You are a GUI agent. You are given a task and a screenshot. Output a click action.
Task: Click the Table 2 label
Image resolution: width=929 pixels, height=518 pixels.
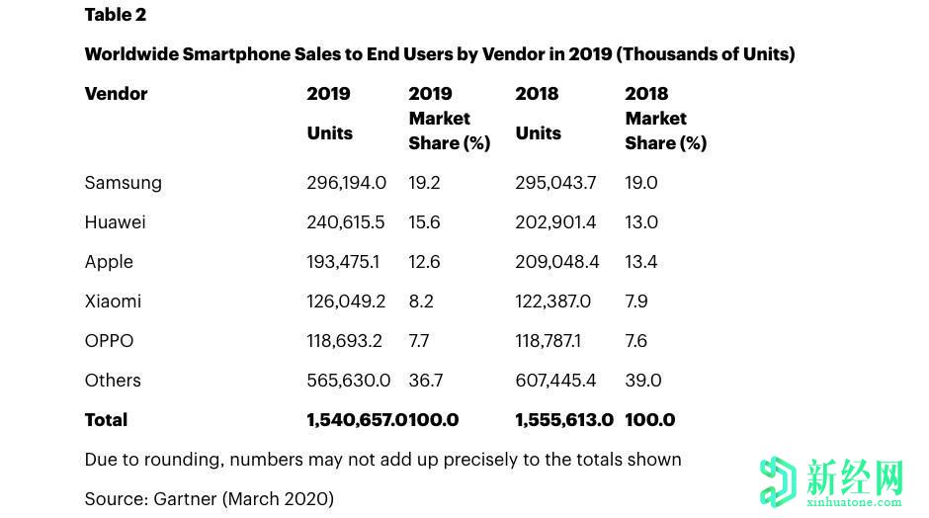click(115, 15)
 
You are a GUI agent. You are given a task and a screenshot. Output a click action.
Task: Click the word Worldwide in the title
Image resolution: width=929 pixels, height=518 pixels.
click(130, 54)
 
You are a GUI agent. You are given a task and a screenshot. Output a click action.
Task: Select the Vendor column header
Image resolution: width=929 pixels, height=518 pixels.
click(116, 94)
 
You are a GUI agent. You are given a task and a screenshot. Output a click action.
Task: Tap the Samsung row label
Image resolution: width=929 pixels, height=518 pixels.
click(123, 183)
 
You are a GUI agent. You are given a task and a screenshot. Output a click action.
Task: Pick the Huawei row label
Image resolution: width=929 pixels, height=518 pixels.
click(115, 222)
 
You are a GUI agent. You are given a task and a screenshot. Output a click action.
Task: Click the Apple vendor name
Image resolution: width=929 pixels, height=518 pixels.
click(109, 262)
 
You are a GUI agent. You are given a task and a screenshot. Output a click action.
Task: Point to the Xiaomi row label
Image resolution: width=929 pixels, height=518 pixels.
click(113, 302)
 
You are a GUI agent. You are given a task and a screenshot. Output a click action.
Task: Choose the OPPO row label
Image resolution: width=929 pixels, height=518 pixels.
click(109, 341)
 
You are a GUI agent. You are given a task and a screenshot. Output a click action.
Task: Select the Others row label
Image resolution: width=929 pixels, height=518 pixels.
click(113, 381)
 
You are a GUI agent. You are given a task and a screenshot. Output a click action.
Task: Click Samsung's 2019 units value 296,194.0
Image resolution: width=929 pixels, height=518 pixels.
click(346, 183)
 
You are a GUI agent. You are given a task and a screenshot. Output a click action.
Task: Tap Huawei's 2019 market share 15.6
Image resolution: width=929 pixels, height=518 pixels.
click(424, 222)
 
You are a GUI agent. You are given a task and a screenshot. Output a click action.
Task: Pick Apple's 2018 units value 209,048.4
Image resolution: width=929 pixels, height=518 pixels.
click(555, 262)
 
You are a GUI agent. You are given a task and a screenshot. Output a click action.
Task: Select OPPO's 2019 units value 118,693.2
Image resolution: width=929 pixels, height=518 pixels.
click(344, 341)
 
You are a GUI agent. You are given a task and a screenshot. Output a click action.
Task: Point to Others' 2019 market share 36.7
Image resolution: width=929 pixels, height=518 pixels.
click(425, 381)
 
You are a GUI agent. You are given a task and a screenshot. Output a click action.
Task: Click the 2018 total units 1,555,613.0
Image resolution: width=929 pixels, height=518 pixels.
click(564, 420)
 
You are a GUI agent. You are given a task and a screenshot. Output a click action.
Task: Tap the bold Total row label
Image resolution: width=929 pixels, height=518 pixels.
click(106, 420)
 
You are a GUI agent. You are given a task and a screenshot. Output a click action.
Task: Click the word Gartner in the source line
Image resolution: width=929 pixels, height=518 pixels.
click(189, 499)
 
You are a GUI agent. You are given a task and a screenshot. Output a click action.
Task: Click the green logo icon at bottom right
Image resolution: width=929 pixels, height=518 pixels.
click(778, 481)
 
